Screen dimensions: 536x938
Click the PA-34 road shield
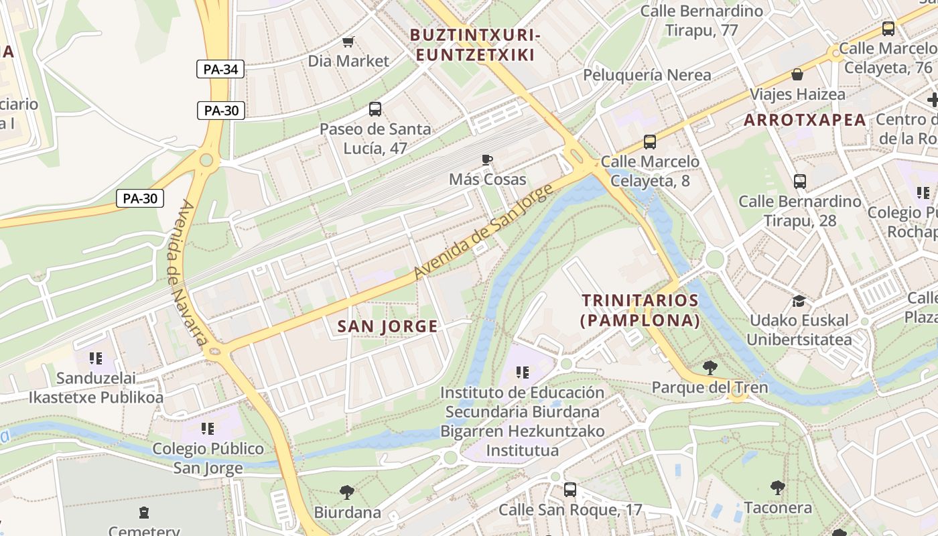220,69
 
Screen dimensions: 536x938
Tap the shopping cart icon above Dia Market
348,42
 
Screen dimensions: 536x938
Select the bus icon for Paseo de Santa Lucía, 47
375,109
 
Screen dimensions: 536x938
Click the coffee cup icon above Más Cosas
487,159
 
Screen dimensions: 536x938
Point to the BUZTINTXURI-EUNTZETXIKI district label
475,45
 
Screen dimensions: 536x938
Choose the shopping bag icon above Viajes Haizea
797,74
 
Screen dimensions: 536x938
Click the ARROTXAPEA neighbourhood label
805,120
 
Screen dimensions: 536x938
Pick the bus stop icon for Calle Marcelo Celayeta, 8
649,142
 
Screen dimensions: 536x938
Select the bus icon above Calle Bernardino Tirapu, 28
799,182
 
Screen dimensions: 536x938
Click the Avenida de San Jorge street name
484,232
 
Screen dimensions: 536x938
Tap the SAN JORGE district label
387,326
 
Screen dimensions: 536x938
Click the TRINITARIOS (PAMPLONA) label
640,310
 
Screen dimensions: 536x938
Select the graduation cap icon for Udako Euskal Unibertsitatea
799,301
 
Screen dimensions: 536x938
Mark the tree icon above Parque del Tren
710,367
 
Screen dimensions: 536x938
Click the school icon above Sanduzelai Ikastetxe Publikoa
96,358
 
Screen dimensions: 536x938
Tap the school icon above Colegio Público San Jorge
208,428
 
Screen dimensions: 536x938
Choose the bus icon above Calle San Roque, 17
569,490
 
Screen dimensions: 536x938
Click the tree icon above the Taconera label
777,487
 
